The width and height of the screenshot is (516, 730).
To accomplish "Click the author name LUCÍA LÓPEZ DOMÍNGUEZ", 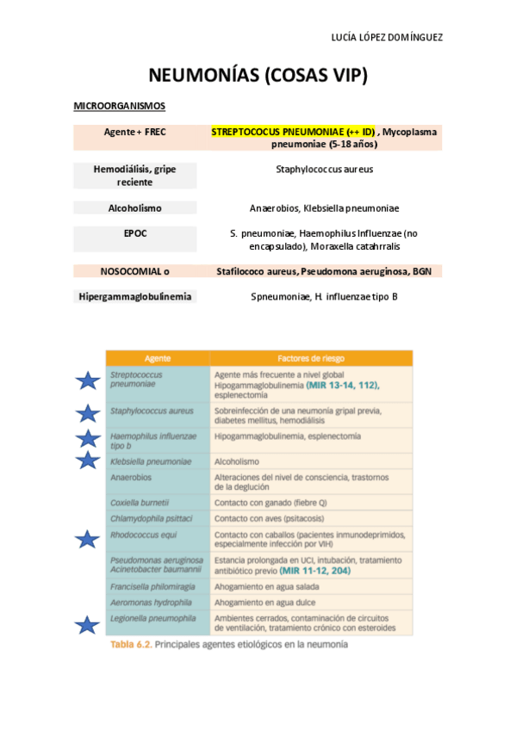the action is click(387, 38).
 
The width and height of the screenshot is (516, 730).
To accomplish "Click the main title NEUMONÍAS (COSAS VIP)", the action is click(258, 76).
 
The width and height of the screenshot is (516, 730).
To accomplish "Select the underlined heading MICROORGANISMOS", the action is click(120, 106).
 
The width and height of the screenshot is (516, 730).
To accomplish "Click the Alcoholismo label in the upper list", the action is click(134, 207).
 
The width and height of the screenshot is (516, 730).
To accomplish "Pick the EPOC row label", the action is click(134, 232).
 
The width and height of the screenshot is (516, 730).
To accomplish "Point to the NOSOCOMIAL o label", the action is click(134, 271).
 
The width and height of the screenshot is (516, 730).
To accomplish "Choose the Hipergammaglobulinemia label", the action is click(134, 296).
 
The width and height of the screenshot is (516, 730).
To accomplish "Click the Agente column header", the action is click(158, 358).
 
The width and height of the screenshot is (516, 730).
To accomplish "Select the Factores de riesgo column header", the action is click(310, 358).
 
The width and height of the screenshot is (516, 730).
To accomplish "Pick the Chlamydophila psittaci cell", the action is click(151, 519).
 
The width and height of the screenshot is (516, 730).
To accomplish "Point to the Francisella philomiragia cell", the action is click(152, 586).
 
